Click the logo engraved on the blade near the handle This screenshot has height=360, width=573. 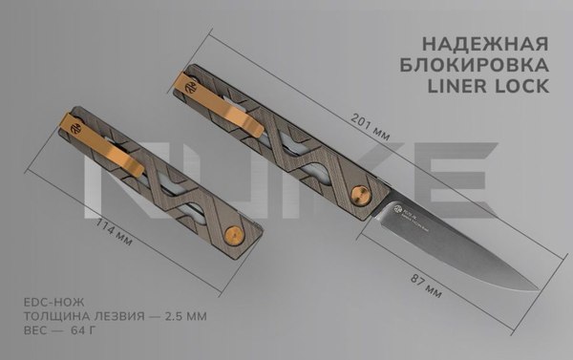(x=397, y=205)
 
